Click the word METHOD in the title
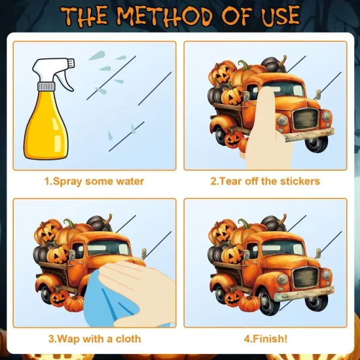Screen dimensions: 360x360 (x=165, y=16)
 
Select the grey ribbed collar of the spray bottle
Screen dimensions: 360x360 (x=46, y=86)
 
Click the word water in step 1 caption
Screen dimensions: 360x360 (x=130, y=181)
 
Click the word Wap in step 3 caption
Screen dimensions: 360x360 (x=68, y=339)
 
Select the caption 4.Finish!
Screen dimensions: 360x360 (x=265, y=339)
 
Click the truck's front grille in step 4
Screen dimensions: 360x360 (x=306, y=278)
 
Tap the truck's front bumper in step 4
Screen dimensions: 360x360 (x=304, y=294)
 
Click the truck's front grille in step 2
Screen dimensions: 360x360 (x=306, y=119)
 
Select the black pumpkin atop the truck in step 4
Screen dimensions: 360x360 (x=274, y=223)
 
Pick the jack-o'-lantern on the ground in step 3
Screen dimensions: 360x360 (x=59, y=298)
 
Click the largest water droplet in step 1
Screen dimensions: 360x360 (x=97, y=56)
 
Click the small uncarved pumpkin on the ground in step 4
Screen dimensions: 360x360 (x=249, y=303)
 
